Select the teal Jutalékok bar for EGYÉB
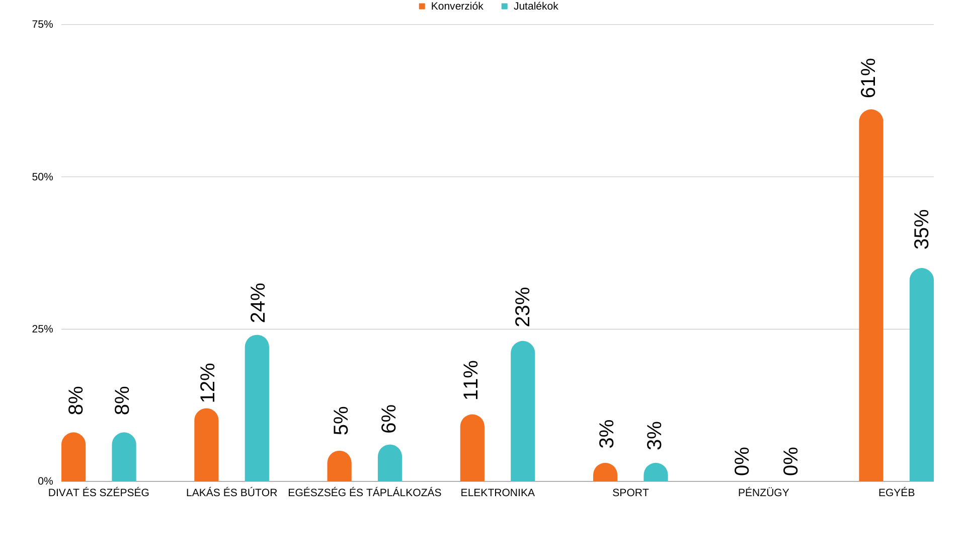921,375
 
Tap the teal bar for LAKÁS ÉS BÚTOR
257,408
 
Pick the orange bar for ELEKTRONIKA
472,448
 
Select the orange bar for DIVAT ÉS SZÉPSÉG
73,457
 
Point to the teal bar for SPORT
656,472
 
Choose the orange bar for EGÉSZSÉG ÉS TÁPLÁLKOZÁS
339,466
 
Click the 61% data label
868,78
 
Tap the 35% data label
922,229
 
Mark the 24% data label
258,303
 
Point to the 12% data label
207,383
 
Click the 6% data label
389,419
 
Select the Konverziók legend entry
451,7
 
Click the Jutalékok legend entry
530,7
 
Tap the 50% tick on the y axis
42,177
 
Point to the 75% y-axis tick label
42,24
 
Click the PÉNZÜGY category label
763,493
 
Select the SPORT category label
630,493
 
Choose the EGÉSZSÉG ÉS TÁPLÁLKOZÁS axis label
364,493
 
